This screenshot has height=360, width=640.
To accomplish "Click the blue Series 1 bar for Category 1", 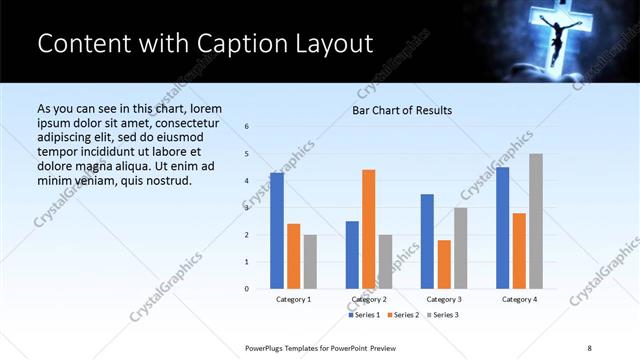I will click(x=277, y=231).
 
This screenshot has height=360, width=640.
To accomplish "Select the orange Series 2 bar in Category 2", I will click(x=369, y=229).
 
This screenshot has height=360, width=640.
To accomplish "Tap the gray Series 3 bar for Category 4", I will click(x=536, y=221).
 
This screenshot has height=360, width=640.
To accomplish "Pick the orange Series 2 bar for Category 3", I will click(x=444, y=264).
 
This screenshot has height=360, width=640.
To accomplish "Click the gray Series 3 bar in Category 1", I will click(x=310, y=262).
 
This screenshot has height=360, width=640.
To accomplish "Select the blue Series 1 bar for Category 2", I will click(x=352, y=255).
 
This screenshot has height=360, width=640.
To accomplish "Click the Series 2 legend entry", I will click(x=403, y=315).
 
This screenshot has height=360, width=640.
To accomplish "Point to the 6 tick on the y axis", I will click(x=247, y=126).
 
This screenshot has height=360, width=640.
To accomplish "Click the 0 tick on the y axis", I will click(x=247, y=289).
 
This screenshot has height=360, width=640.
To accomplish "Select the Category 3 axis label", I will click(x=443, y=299).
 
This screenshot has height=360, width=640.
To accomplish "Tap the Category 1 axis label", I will click(x=293, y=299).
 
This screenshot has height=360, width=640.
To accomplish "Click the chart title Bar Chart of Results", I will click(x=403, y=110).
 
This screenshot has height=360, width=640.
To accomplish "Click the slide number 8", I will click(x=590, y=346).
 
